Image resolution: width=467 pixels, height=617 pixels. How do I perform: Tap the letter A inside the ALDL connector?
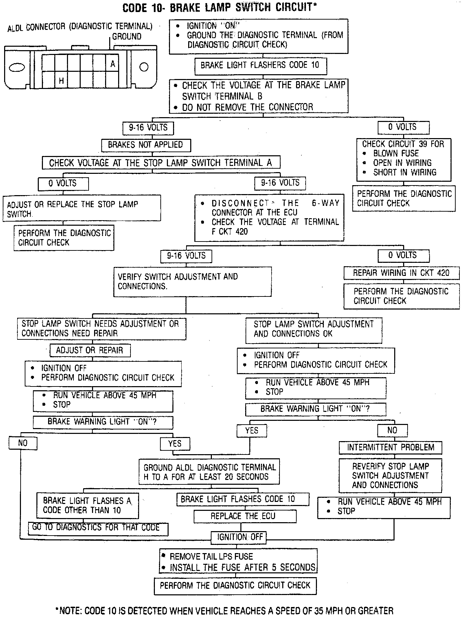[x=113, y=64]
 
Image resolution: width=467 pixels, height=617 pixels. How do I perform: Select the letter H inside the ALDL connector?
[x=61, y=81]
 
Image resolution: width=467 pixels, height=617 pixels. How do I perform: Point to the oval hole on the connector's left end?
[x=16, y=67]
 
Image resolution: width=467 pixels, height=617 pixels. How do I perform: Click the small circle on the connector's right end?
[x=144, y=67]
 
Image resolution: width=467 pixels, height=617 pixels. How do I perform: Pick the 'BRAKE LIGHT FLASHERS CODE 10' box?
[x=260, y=65]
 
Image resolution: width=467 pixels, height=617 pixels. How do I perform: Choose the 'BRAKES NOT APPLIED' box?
[x=146, y=145]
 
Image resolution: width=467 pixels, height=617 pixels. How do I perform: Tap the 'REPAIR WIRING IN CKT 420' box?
[x=401, y=273]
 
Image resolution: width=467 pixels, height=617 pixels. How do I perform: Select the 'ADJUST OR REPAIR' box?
[x=90, y=350]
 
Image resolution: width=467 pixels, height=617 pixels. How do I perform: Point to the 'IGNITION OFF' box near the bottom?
[x=240, y=537]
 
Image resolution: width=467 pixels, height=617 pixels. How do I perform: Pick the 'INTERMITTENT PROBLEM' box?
[x=390, y=447]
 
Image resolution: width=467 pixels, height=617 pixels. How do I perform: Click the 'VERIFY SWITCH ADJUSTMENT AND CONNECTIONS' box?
[x=192, y=281]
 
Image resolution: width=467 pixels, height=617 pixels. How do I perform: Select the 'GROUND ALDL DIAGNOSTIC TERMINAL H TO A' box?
[x=209, y=472]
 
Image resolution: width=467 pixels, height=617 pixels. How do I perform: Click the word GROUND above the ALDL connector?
[x=127, y=36]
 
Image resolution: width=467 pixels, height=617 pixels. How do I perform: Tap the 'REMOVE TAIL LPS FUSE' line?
[x=211, y=557]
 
